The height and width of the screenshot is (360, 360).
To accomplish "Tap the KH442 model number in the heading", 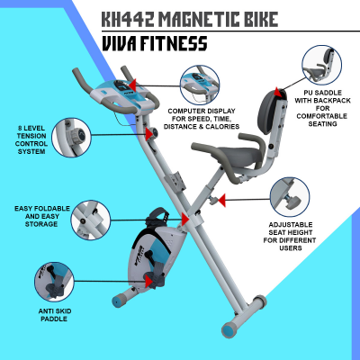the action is [x=128, y=19].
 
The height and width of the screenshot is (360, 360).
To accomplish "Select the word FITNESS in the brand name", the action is [x=174, y=43].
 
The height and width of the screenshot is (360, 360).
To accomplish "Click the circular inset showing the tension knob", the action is [x=71, y=138].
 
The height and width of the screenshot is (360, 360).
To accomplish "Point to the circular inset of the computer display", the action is [x=200, y=85].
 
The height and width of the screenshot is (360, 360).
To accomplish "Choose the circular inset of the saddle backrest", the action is [x=322, y=65].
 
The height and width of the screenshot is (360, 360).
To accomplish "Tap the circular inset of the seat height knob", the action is [x=290, y=197].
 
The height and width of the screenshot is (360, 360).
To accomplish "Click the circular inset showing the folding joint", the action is [x=91, y=220].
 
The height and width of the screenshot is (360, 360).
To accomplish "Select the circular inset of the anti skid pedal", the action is [x=54, y=282].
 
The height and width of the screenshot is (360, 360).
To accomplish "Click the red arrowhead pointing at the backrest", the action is [x=277, y=92].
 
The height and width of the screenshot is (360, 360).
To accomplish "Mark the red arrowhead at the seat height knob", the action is [x=221, y=200].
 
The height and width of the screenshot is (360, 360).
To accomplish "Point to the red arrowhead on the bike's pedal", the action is [x=148, y=282].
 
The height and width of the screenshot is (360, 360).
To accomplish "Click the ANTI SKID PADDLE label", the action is [x=55, y=315].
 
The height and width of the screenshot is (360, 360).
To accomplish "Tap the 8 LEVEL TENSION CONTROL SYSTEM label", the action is [x=31, y=139].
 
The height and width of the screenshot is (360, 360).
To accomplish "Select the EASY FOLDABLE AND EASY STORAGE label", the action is [x=42, y=216].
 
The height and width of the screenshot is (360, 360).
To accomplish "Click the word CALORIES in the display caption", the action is [x=222, y=127].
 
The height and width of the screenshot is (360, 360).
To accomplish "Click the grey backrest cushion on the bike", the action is [x=267, y=112].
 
